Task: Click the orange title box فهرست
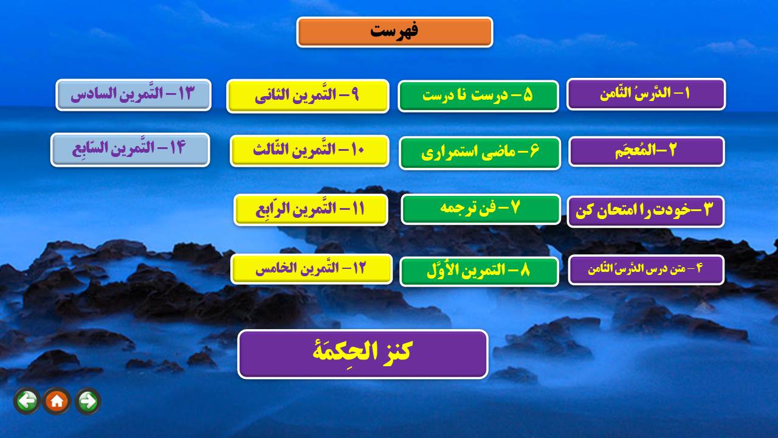pyautogui.click(x=394, y=32)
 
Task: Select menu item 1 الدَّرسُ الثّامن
pyautogui.click(x=646, y=94)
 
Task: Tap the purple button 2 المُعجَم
pyautogui.click(x=646, y=151)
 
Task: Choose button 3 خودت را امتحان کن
pyautogui.click(x=645, y=211)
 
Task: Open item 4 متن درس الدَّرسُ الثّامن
pyautogui.click(x=646, y=269)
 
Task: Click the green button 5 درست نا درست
pyautogui.click(x=478, y=96)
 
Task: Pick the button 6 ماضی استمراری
pyautogui.click(x=480, y=153)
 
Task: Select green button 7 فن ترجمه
pyautogui.click(x=481, y=209)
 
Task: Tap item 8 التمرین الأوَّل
pyautogui.click(x=480, y=271)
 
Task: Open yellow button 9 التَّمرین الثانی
pyautogui.click(x=308, y=96)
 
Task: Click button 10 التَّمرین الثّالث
pyautogui.click(x=309, y=150)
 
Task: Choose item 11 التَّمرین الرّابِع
pyautogui.click(x=311, y=210)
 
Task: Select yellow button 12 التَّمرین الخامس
pyautogui.click(x=311, y=269)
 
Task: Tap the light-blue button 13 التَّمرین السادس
pyautogui.click(x=133, y=94)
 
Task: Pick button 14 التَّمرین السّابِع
pyautogui.click(x=130, y=150)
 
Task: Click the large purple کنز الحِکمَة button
pyautogui.click(x=363, y=354)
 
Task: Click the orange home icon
pyautogui.click(x=57, y=401)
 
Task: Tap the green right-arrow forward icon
pyautogui.click(x=88, y=401)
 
